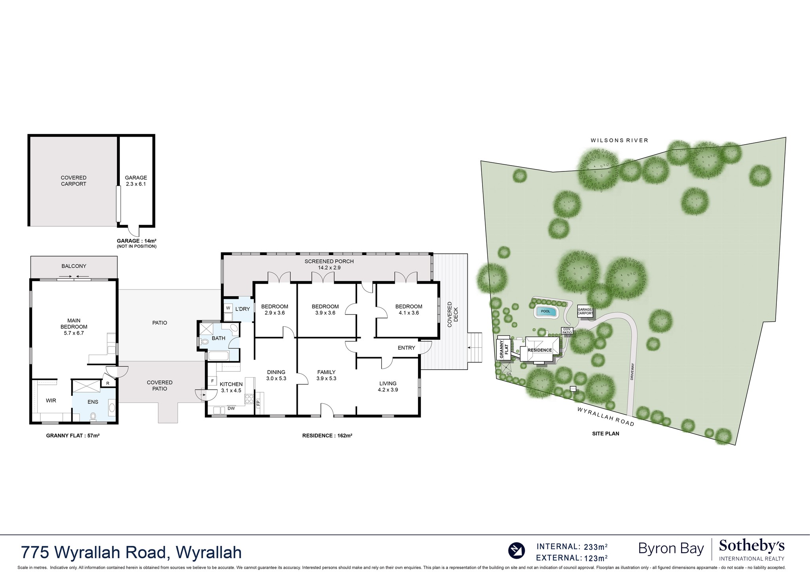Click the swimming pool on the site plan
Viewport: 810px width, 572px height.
point(545,311)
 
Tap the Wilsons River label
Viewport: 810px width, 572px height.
point(619,140)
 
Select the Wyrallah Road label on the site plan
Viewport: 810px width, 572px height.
point(606,416)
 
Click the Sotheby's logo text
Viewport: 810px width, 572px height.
point(751,547)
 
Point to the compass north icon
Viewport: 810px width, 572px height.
point(516,550)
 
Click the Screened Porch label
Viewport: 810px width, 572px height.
point(329,264)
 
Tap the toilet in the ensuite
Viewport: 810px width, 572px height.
point(94,416)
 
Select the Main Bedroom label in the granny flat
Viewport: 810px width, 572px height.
point(74,327)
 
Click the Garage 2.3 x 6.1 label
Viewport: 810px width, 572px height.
point(136,181)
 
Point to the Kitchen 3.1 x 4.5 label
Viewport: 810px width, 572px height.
point(231,387)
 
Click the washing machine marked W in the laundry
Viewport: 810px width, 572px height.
point(228,308)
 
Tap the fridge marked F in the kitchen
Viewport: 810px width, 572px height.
point(212,381)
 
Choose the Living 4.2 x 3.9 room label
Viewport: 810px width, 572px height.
point(388,386)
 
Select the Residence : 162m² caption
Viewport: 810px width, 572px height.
point(327,435)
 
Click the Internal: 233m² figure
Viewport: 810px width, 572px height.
point(572,547)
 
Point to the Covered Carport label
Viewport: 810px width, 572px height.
point(74,181)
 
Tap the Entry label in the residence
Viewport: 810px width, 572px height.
point(406,348)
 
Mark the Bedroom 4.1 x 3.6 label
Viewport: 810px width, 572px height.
point(409,309)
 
